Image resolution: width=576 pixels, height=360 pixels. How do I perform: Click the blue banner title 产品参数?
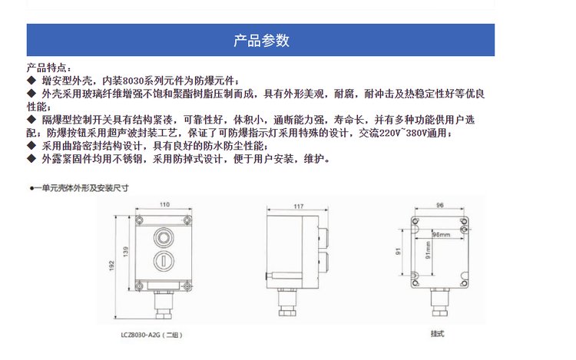[x=261, y=41]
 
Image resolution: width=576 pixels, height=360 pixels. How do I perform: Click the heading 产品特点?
[x=46, y=68]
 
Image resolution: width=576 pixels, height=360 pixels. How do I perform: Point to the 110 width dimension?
[x=164, y=204]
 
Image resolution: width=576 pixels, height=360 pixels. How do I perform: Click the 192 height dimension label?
[x=111, y=266]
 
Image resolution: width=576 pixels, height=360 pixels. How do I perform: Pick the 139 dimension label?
[x=126, y=251]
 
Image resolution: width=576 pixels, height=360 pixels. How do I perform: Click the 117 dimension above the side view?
[x=298, y=206]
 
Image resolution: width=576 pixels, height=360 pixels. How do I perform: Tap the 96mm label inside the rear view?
[x=441, y=234]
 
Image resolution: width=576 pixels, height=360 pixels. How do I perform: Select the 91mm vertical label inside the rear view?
[x=428, y=250]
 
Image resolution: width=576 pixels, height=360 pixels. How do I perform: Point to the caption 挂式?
[x=437, y=334]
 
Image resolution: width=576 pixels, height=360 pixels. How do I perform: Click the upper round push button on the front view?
[x=164, y=237]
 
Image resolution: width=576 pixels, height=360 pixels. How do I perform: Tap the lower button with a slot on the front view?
[x=164, y=261]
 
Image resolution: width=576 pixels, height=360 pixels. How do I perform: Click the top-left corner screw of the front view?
[x=140, y=220]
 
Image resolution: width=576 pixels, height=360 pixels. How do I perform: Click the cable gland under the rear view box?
[x=440, y=302]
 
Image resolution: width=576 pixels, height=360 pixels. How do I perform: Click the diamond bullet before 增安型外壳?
[x=31, y=81]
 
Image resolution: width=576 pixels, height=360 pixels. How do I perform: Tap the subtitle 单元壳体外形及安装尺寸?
[x=81, y=188]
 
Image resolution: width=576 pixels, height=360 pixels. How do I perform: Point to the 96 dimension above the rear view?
[x=440, y=205]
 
